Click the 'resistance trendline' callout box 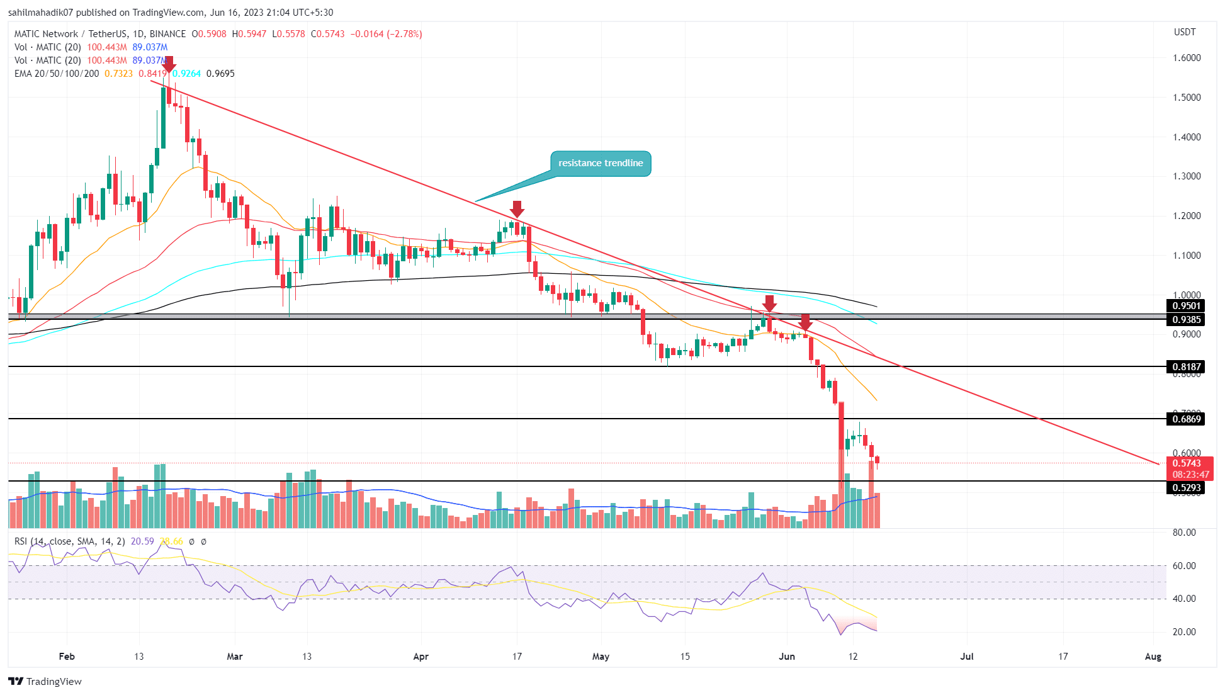[601, 163]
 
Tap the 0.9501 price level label [1186, 306]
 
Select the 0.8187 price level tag [1186, 366]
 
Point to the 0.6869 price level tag [1186, 419]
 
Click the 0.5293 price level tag [1186, 487]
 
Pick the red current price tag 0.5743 [1187, 463]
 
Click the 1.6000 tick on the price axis [1187, 58]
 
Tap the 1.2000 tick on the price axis [1187, 216]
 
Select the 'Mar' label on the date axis [234, 657]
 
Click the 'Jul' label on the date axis [966, 657]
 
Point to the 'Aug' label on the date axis [1153, 657]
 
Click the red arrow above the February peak [168, 64]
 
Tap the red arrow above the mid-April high [517, 209]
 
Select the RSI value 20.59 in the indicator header [142, 541]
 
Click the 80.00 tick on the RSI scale [1184, 533]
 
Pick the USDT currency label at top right [1185, 32]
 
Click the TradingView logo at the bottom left [45, 681]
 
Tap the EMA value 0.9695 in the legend [220, 74]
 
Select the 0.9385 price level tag [1186, 320]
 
